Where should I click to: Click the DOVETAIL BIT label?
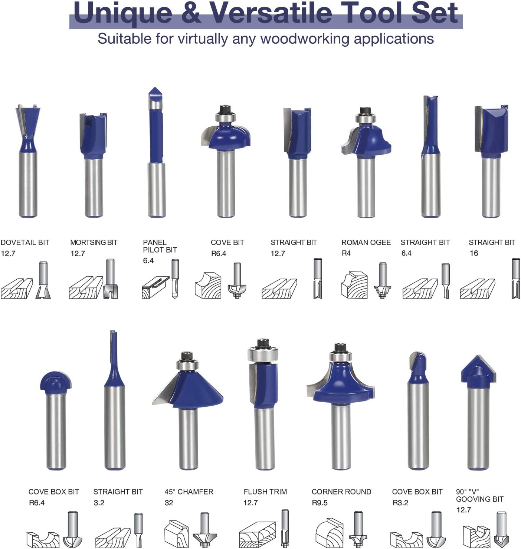pos(25,242)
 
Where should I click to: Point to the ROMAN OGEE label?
pos(366,242)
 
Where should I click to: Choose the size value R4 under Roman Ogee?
pos(346,253)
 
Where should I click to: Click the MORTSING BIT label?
pos(94,242)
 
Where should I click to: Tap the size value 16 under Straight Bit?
pos(474,253)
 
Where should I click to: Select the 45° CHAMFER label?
pos(189,492)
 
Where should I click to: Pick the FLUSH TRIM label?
pos(265,492)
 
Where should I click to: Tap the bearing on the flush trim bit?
pos(263,354)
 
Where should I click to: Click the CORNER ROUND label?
pos(341,492)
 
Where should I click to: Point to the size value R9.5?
pos(320,503)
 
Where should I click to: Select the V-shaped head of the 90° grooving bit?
pos(478,370)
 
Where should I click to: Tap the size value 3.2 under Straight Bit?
pos(99,503)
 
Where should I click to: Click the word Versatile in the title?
pos(271,13)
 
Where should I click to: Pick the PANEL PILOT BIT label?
pos(160,246)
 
